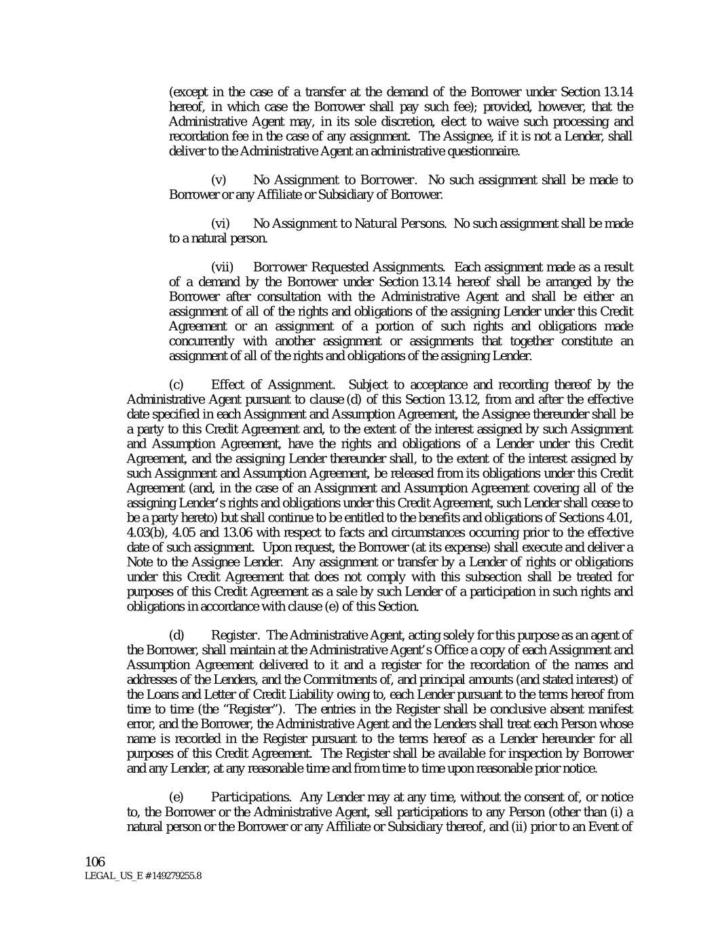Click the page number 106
95,862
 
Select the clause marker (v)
219,180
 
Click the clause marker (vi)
221,224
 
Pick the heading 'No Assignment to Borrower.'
335,180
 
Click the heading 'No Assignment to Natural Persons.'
350,224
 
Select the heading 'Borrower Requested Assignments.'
350,267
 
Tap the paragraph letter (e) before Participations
175,797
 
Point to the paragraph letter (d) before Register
176,636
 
